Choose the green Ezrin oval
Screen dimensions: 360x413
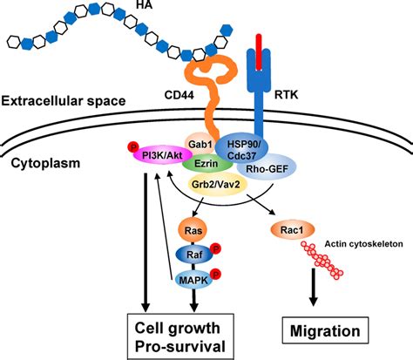(x=206, y=162)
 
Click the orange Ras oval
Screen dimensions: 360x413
(x=195, y=230)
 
